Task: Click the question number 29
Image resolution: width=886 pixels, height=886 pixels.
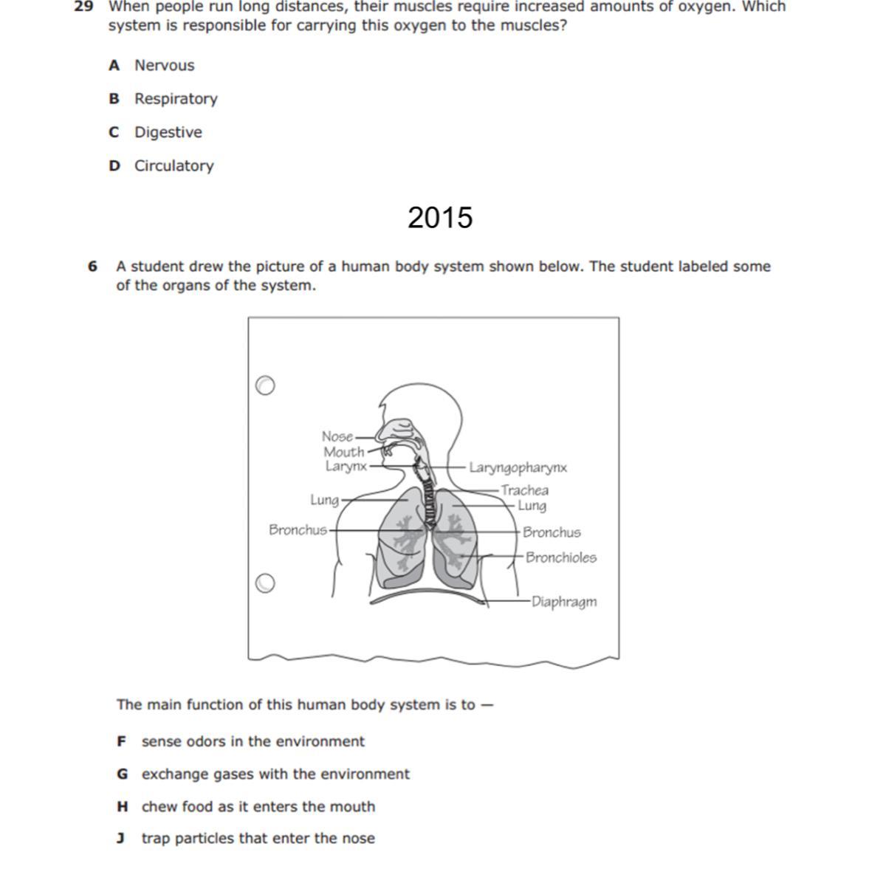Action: [83, 7]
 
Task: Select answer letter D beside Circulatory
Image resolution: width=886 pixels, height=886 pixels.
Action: [114, 166]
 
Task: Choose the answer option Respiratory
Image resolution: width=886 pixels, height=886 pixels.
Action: [176, 99]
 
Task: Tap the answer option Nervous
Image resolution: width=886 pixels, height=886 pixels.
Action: [164, 66]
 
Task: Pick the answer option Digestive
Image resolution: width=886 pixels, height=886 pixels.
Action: [168, 133]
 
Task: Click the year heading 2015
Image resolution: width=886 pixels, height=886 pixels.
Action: [440, 218]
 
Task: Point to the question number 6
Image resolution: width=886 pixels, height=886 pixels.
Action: [92, 267]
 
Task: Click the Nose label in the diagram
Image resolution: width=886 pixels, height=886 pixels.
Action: [337, 436]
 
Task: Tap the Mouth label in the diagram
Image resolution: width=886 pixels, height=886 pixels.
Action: [344, 452]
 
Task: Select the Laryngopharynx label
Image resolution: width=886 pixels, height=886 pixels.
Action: [518, 467]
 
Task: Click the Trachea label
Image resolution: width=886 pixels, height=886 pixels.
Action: [524, 490]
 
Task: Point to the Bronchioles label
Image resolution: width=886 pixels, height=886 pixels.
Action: [561, 557]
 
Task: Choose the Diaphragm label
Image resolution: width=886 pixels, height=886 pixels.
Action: [564, 602]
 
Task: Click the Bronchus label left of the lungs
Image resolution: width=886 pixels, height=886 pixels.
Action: [298, 530]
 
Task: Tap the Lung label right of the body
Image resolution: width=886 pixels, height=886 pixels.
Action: [532, 506]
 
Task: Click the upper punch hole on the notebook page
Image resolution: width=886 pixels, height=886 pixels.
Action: [264, 385]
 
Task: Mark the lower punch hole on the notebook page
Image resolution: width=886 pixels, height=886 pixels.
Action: [264, 583]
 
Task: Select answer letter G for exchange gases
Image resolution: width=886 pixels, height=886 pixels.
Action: [123, 775]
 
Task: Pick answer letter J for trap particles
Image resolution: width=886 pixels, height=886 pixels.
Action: [120, 839]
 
